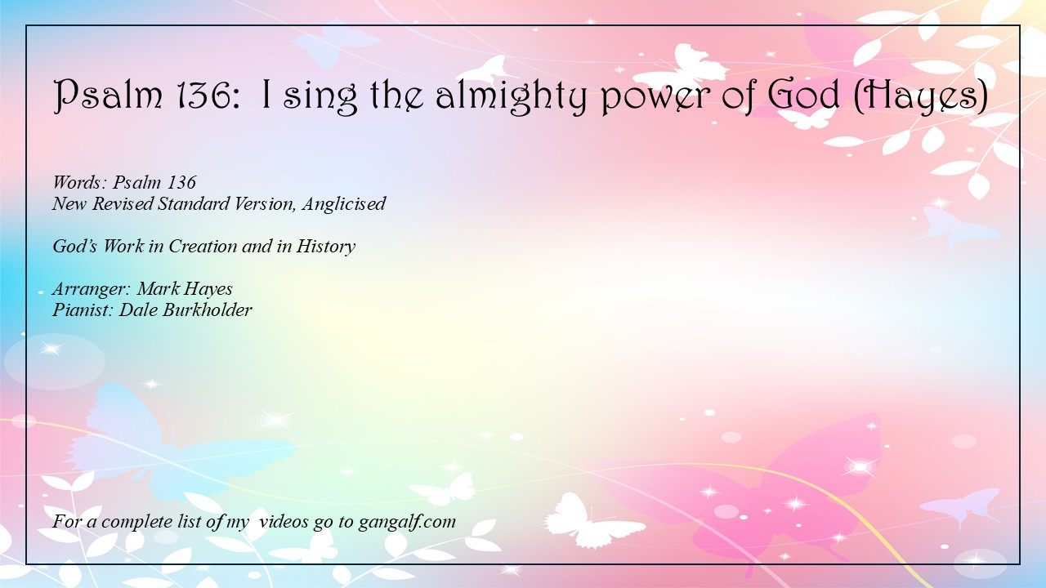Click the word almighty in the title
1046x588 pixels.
(511, 96)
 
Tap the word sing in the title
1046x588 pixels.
(320, 97)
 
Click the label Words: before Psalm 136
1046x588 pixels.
(79, 182)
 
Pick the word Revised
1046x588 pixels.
(123, 203)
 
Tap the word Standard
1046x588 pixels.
(194, 203)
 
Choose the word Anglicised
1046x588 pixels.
(344, 204)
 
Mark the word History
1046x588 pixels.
(326, 247)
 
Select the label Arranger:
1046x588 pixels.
(91, 289)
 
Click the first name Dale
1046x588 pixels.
(138, 310)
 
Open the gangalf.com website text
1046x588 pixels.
(407, 522)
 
